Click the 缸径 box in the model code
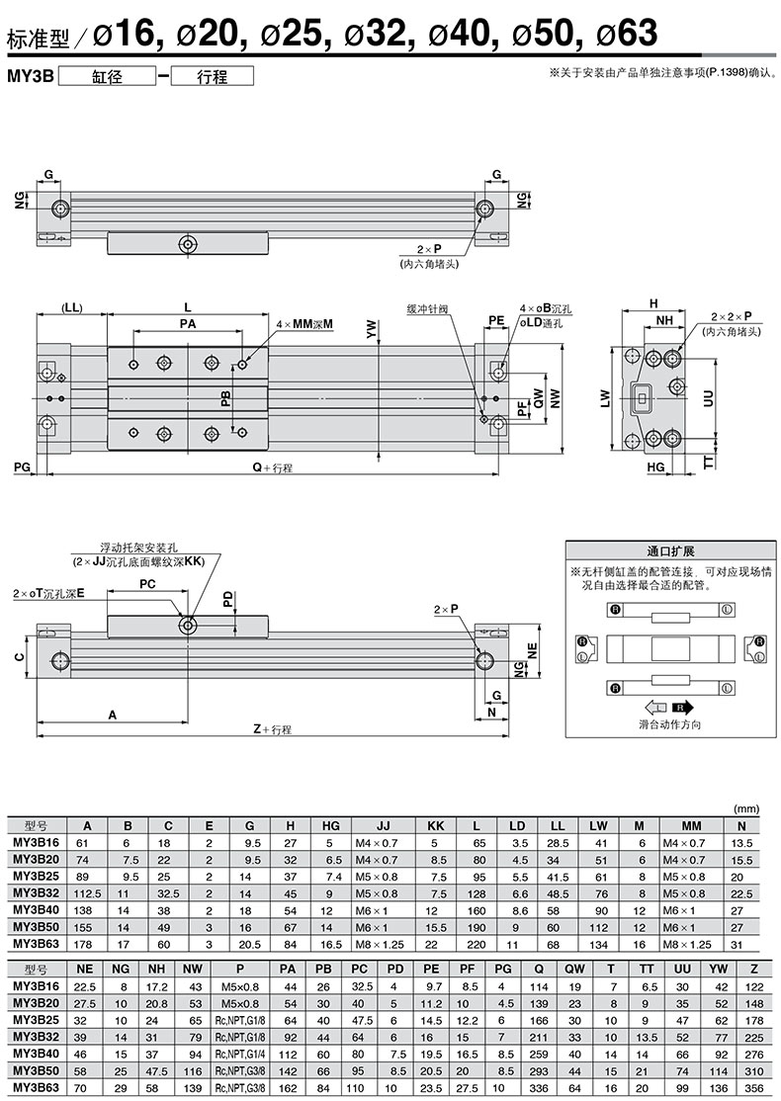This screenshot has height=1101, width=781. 107,76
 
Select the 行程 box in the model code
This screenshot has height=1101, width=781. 213,76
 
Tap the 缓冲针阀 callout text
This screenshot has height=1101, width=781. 427,309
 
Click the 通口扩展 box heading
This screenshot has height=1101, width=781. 670,550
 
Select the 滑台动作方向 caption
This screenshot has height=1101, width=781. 670,723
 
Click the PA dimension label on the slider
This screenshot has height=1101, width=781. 188,323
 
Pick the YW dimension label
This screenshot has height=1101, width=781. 372,330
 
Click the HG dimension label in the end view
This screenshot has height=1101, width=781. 655,466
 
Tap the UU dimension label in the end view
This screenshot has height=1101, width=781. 708,398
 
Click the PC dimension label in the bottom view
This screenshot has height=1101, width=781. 147,583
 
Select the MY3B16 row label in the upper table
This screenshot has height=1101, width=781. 36,843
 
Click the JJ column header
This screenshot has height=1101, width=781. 383,826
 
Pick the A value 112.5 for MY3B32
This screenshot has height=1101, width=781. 88,893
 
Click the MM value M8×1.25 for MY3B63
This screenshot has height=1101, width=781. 687,945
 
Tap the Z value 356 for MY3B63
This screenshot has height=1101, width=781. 753,1088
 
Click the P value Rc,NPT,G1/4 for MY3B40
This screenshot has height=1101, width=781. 240,1054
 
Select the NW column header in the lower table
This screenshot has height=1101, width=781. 193,969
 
